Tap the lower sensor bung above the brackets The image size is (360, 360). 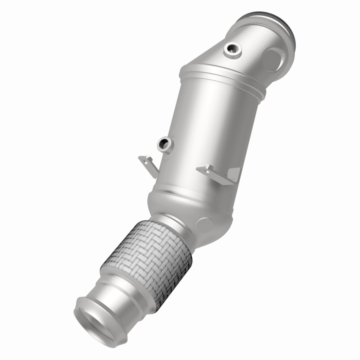(164, 144)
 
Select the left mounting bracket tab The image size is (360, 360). (147, 166)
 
